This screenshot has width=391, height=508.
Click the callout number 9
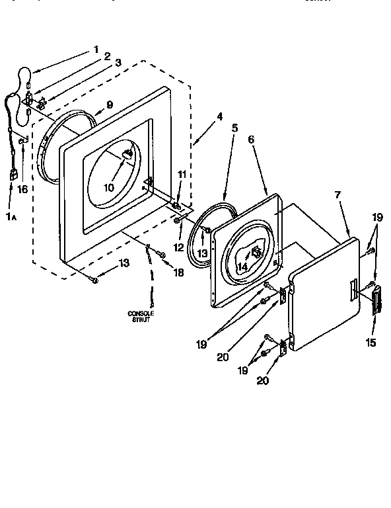(x=109, y=104)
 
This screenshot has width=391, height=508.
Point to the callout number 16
(x=22, y=189)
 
